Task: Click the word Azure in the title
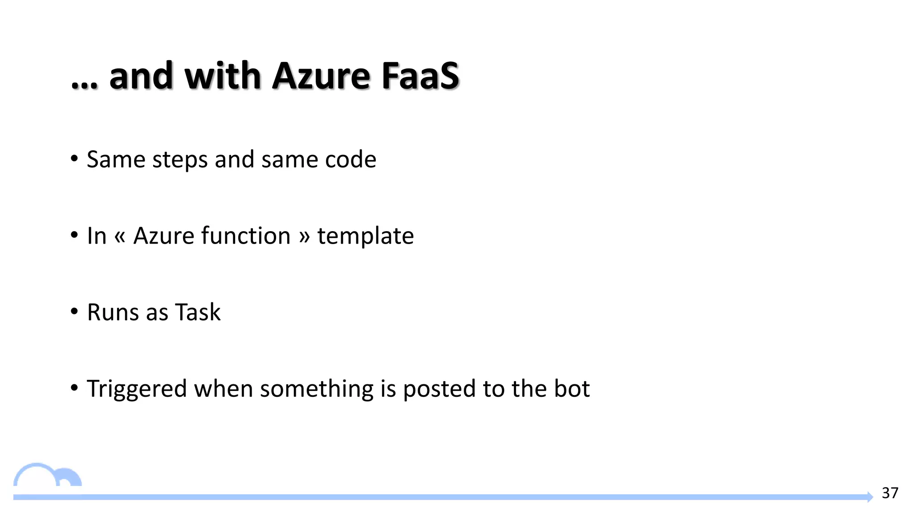(x=321, y=76)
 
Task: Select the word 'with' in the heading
(x=222, y=76)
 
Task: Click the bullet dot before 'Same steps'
(x=74, y=159)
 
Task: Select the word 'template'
(x=365, y=236)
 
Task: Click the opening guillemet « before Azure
(x=120, y=237)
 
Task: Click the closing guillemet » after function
(x=304, y=237)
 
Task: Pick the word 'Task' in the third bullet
(x=198, y=312)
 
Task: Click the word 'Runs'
(x=113, y=312)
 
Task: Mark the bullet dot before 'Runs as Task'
(x=74, y=311)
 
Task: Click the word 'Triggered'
(x=137, y=389)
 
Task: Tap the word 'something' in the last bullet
(x=317, y=389)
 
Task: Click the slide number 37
(x=890, y=493)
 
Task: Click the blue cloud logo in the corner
(x=47, y=476)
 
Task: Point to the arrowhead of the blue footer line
(x=870, y=497)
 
